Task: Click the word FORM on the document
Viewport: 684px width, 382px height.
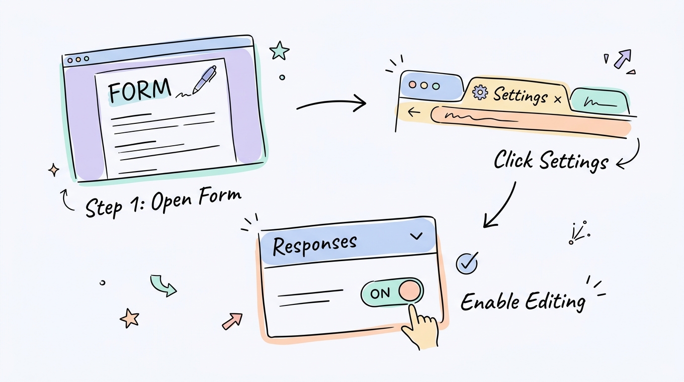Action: pos(139,91)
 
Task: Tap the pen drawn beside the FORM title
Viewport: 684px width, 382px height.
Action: pos(203,80)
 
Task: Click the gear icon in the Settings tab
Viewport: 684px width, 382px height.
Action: pos(480,93)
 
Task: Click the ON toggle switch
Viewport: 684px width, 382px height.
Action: pos(392,291)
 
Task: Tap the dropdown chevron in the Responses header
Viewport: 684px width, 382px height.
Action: pos(417,236)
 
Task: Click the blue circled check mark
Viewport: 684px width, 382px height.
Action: pos(467,263)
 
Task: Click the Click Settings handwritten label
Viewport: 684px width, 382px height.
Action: pos(551,161)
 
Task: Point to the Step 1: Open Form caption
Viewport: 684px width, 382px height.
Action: pos(163,202)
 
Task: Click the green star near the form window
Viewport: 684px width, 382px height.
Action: pos(279,50)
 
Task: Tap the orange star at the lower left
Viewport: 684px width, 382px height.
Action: pos(129,318)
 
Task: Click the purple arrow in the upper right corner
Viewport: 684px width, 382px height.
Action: pos(622,58)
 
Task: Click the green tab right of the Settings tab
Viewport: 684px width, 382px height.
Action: pos(598,100)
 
